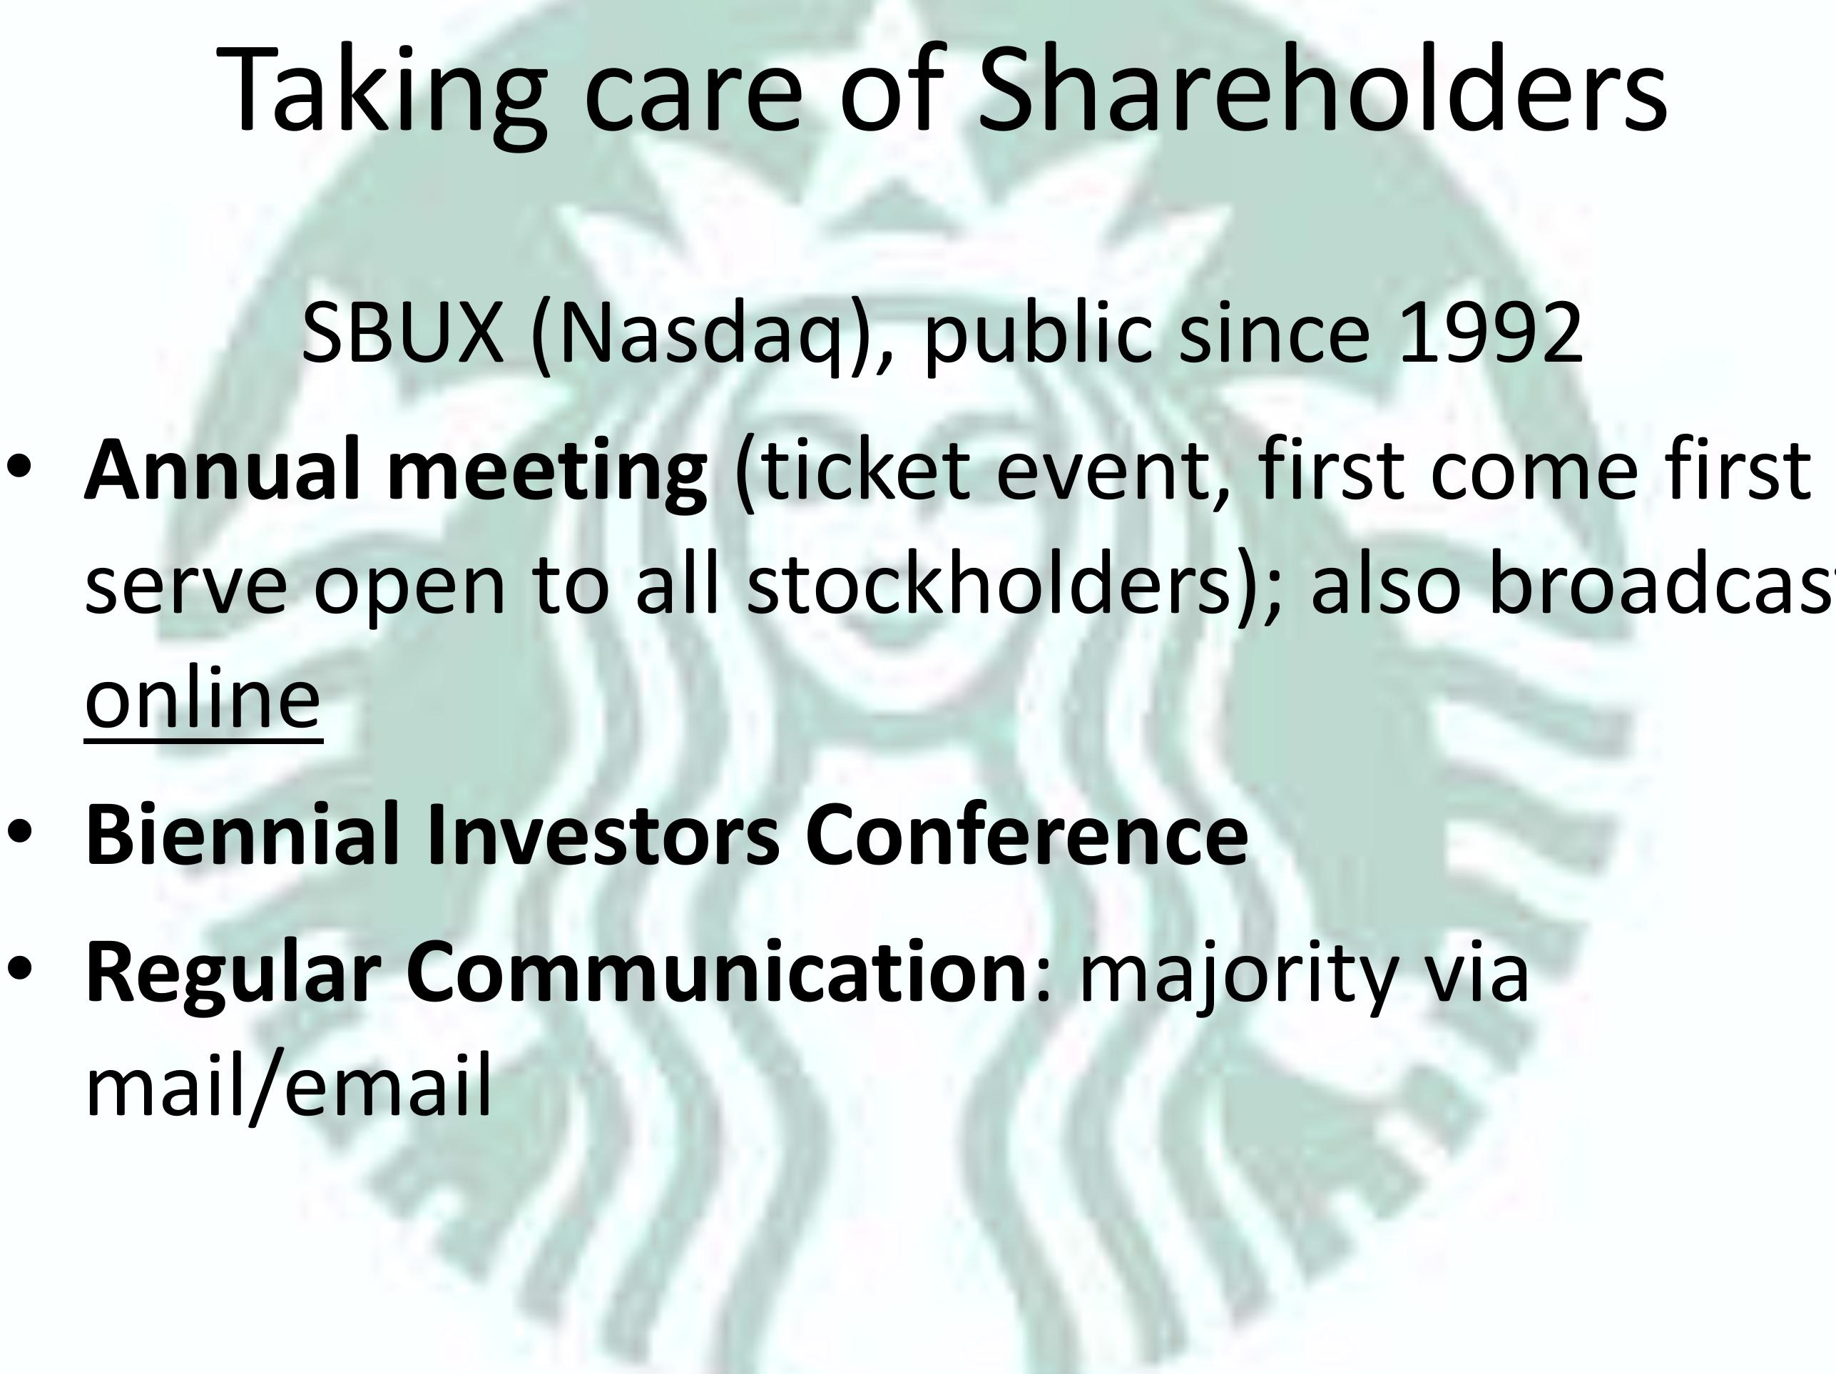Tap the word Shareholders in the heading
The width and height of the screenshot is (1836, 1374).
click(1322, 90)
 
